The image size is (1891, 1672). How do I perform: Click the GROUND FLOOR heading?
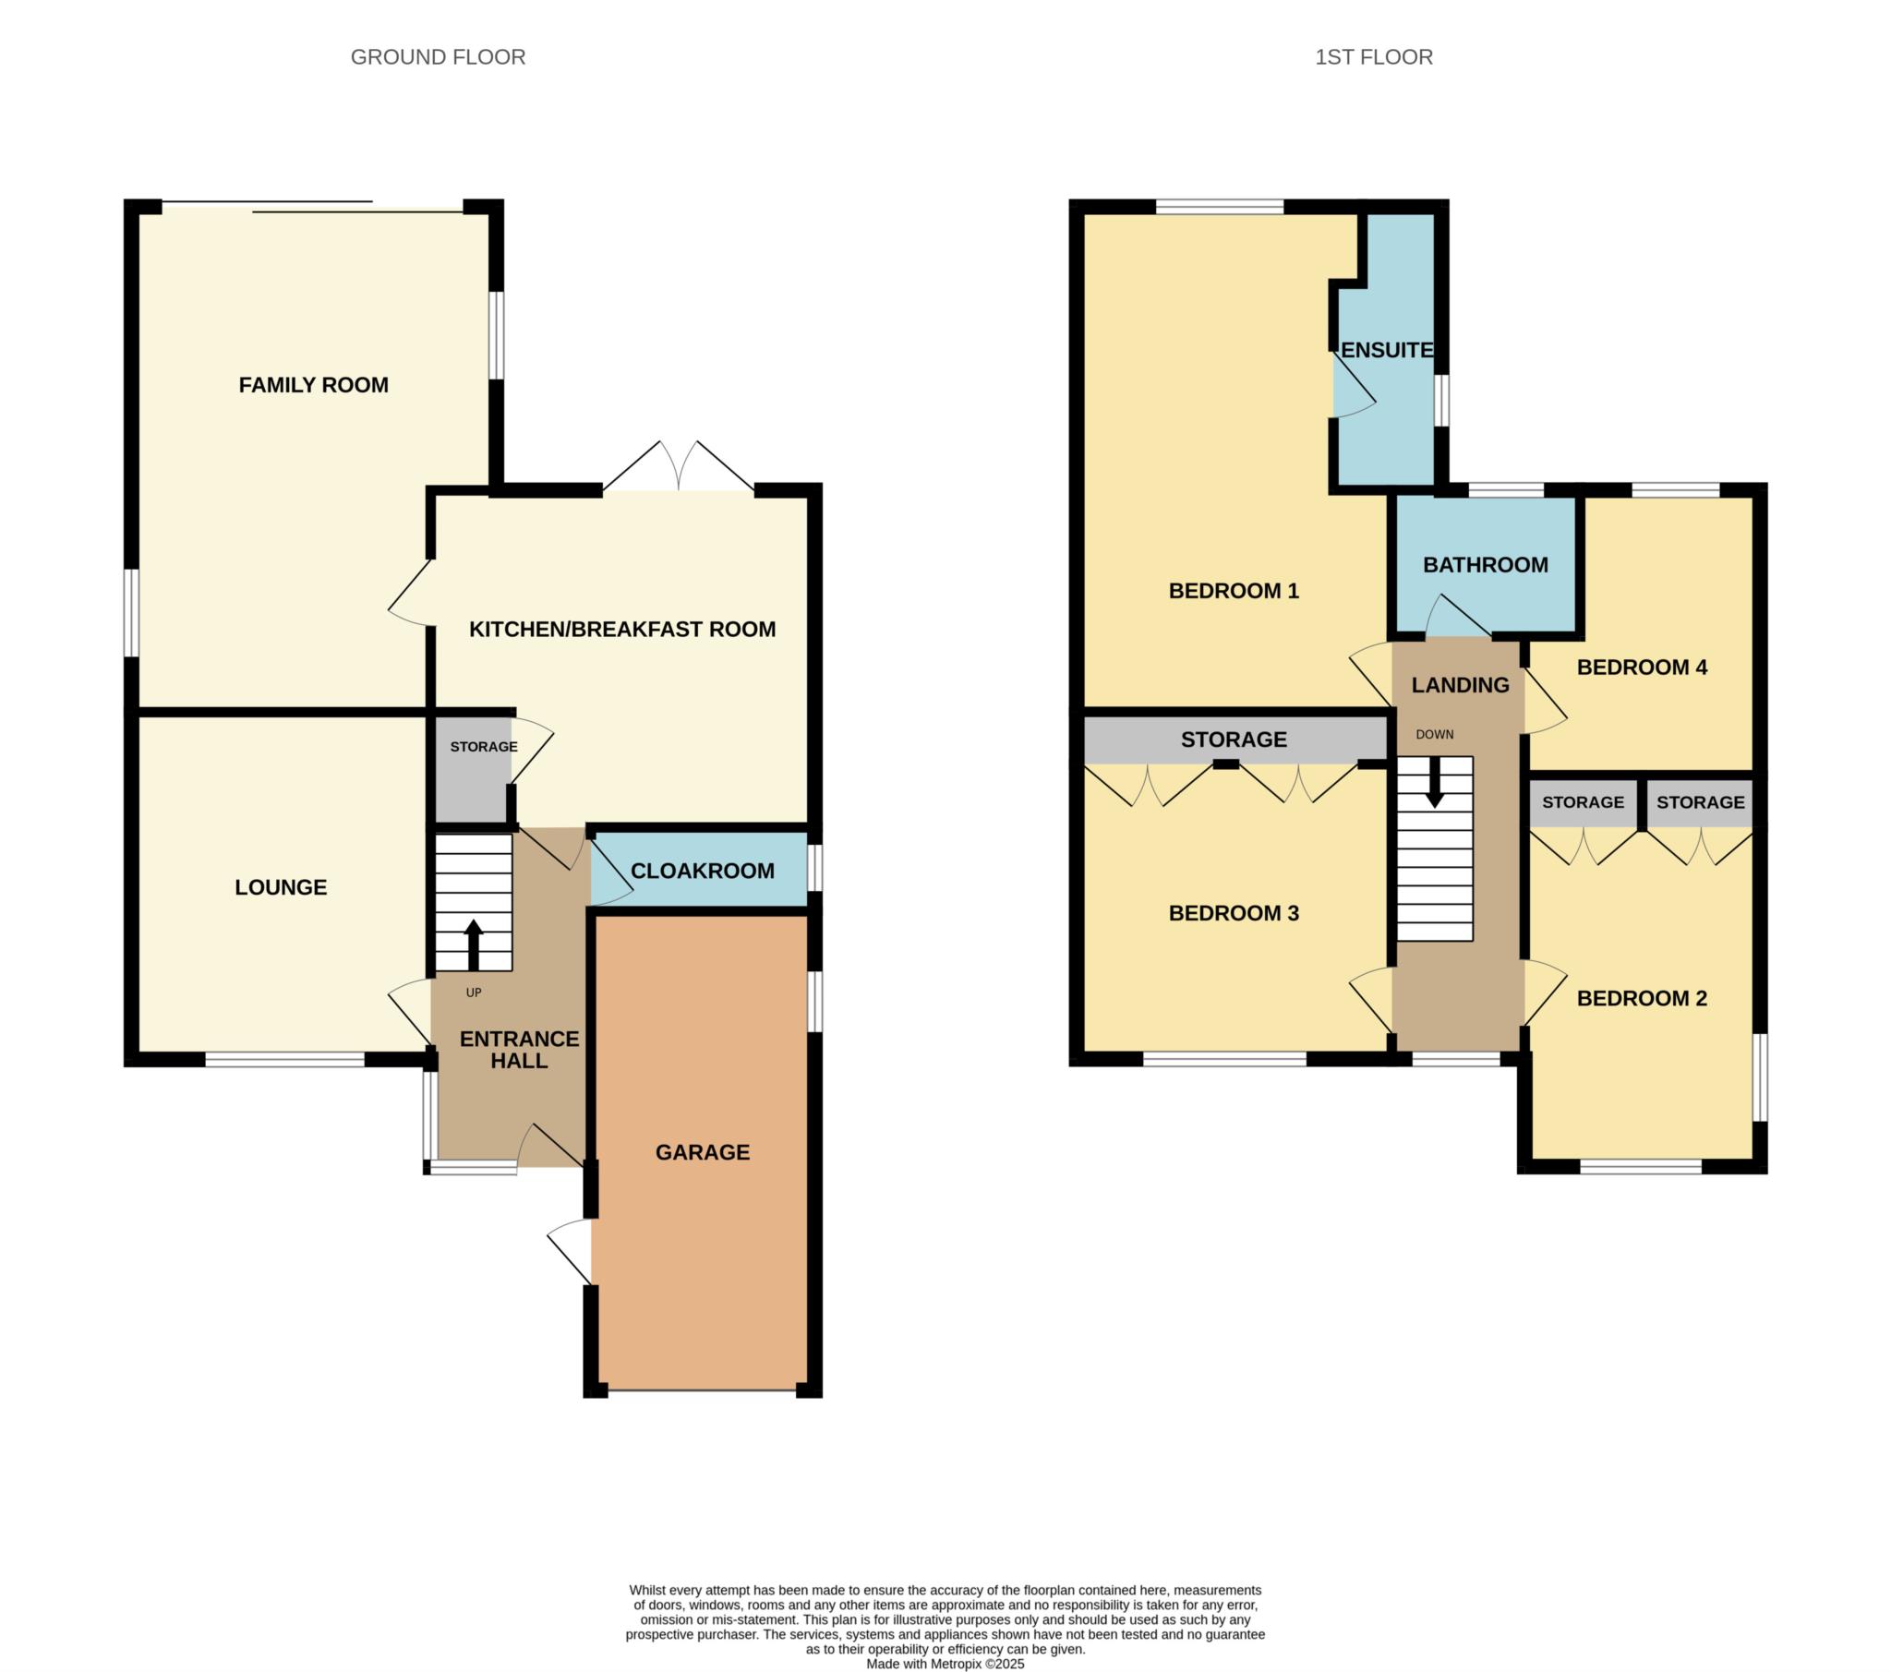[438, 57]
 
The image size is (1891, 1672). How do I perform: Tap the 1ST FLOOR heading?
[1374, 57]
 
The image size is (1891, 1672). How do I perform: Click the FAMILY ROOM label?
[314, 385]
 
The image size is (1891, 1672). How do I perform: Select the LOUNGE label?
[282, 887]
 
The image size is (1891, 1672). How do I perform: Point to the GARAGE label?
[703, 1152]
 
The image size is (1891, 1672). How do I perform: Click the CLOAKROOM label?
[703, 871]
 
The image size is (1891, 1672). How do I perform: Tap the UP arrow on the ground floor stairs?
[474, 944]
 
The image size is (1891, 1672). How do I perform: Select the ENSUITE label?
[1387, 350]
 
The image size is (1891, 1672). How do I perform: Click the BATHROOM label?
[1486, 564]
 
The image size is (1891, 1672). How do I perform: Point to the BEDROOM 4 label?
[1642, 668]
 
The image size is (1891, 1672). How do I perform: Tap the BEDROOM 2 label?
[1642, 998]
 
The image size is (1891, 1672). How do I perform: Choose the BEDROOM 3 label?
[1235, 913]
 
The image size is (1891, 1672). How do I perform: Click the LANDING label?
[1461, 685]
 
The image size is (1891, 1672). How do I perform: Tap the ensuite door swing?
[1355, 385]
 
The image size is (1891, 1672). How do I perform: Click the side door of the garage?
[570, 1251]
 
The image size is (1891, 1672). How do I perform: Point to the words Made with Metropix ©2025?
[945, 1664]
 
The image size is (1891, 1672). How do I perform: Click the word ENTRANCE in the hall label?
[520, 1039]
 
